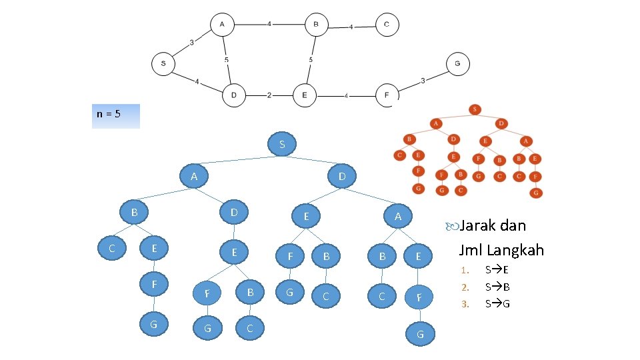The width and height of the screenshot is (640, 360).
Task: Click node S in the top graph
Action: coord(163,65)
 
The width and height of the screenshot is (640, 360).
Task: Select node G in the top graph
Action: coord(457,63)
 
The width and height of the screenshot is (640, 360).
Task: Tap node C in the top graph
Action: coord(387,25)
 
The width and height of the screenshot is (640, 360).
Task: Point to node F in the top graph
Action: coord(387,95)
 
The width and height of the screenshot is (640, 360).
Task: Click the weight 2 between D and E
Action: coord(269,95)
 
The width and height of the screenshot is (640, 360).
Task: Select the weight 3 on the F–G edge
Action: coord(423,81)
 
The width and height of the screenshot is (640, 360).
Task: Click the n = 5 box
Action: coord(117,115)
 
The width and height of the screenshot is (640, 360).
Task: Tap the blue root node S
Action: coord(282,145)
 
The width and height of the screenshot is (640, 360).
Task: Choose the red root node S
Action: coord(475,109)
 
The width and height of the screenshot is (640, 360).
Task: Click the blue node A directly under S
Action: coord(194,177)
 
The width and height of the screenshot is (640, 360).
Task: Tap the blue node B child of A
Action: coord(134,213)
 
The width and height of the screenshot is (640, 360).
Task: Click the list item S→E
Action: coord(497,271)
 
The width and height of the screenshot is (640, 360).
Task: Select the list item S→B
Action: coord(497,287)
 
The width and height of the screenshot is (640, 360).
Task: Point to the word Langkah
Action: coord(516,250)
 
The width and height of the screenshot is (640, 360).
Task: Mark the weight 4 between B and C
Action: coord(351,27)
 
